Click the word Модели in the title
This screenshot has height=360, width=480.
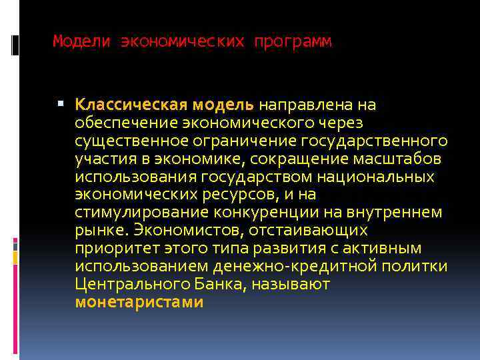pos(81,42)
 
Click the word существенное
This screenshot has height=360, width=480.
pos(126,141)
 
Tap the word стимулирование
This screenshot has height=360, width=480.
pos(142,213)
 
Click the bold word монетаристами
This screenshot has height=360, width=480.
pos(139,303)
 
